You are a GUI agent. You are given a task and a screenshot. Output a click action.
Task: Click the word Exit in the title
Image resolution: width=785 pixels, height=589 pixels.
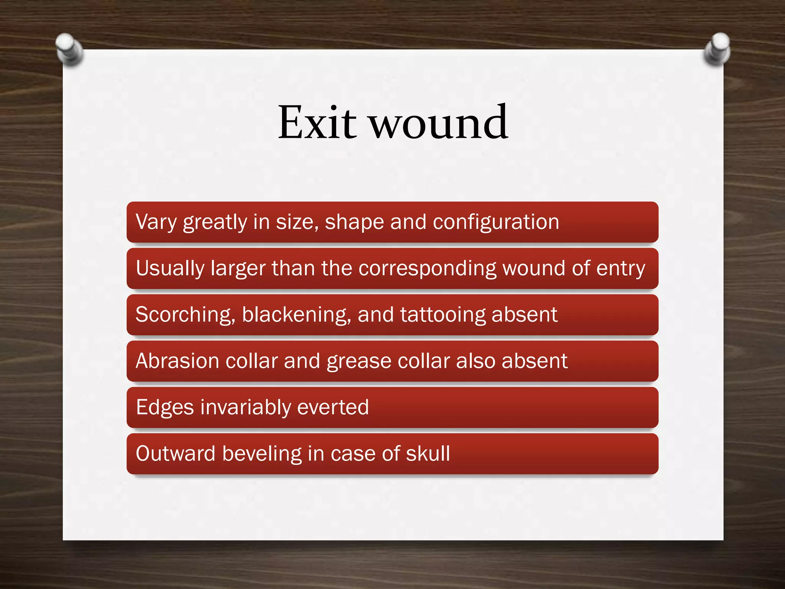(317, 123)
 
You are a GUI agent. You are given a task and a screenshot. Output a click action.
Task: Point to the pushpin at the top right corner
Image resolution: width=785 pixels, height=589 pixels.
(717, 49)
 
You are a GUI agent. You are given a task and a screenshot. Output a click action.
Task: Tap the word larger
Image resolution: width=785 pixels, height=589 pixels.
(238, 268)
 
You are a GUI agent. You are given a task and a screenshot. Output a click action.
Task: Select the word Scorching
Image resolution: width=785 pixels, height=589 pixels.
(185, 315)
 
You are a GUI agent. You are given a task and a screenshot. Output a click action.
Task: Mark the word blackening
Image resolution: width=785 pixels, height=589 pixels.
(296, 315)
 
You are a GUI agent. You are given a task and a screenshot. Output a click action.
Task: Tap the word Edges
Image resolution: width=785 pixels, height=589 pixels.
(165, 407)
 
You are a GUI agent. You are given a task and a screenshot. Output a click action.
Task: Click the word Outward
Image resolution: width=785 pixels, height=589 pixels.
(176, 454)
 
